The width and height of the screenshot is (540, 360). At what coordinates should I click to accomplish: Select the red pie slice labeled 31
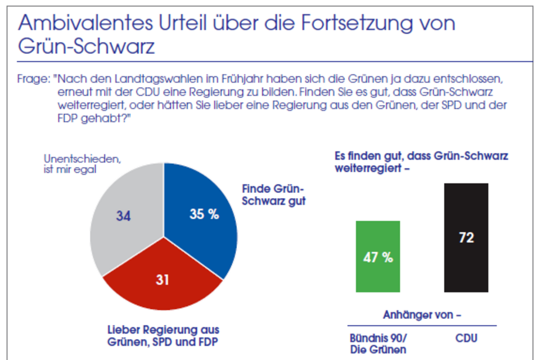[163, 281]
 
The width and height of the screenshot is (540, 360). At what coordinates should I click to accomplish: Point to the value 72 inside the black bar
[466, 237]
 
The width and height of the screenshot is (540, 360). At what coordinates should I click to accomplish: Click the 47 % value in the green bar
[378, 258]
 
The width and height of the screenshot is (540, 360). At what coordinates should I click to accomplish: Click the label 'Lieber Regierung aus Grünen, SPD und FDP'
[163, 335]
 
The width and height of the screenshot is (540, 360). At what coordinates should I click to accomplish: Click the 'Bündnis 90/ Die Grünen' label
[378, 344]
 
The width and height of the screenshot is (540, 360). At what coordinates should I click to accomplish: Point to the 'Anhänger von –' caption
[422, 315]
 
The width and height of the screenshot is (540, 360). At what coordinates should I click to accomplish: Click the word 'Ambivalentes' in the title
[79, 24]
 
